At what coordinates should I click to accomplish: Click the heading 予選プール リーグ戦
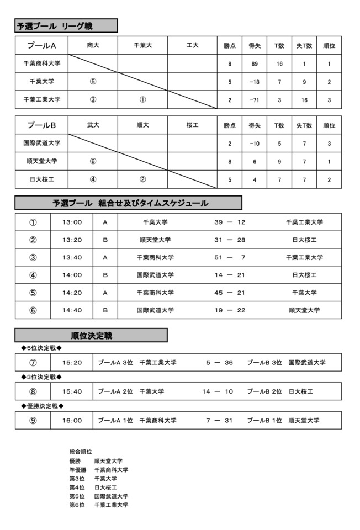[55, 26]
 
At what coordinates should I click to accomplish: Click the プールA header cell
[42, 45]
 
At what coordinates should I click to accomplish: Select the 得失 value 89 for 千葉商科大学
[255, 64]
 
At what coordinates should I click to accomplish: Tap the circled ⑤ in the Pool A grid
[93, 82]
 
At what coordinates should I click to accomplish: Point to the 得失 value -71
[255, 100]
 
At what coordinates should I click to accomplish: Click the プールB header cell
[42, 125]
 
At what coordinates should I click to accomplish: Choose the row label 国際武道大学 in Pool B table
[42, 144]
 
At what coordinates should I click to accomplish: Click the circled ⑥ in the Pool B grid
[93, 162]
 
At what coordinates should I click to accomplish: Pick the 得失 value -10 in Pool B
[255, 144]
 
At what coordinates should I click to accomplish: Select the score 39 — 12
[230, 222]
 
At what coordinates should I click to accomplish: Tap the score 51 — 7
[230, 257]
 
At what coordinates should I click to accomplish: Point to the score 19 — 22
[230, 310]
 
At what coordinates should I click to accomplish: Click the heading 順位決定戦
[92, 336]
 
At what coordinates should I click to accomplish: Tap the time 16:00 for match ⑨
[72, 421]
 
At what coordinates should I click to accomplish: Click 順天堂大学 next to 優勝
[108, 460]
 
